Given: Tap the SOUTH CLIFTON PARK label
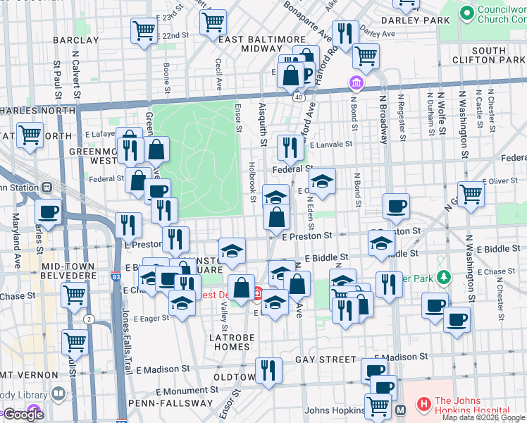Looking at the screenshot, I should coord(488,56).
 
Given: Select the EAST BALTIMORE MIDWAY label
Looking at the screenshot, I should coord(252,44).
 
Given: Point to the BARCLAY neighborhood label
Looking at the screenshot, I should coord(75,40).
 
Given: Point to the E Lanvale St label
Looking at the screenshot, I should coord(330,144).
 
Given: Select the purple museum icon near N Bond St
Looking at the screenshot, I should coord(356,84).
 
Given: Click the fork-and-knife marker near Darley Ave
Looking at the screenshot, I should coord(345,33).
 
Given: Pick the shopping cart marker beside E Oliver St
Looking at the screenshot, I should coord(470,192).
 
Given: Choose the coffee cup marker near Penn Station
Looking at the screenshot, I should coord(48,211).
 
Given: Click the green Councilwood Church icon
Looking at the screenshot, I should coord(466,13).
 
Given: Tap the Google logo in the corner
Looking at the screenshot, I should coord(23,414).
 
